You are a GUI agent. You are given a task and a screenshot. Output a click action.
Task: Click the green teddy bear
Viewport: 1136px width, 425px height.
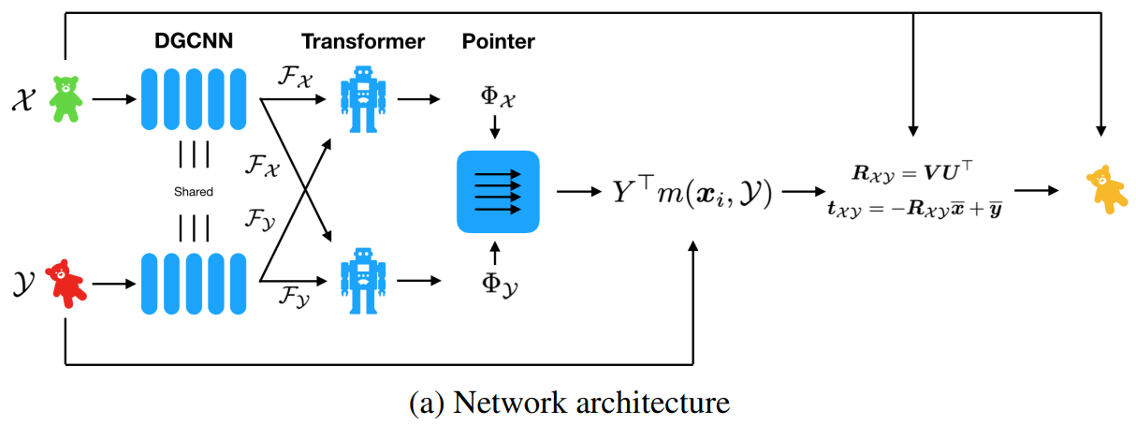[66, 98]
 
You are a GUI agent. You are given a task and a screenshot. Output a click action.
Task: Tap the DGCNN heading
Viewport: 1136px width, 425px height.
[192, 41]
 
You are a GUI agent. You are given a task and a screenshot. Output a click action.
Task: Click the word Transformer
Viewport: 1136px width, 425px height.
[363, 41]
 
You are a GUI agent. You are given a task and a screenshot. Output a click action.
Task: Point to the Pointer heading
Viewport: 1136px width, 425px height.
[498, 41]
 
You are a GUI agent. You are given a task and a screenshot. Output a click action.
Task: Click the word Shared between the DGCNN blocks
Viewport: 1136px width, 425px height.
[193, 191]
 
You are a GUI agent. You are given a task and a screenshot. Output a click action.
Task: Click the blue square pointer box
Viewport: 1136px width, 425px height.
[498, 191]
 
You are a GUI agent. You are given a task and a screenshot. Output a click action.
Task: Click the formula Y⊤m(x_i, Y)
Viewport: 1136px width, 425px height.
[693, 192]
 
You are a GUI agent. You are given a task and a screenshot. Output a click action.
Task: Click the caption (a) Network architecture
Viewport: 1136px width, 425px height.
[569, 403]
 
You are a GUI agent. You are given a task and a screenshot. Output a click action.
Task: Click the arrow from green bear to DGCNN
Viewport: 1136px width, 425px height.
[111, 98]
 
